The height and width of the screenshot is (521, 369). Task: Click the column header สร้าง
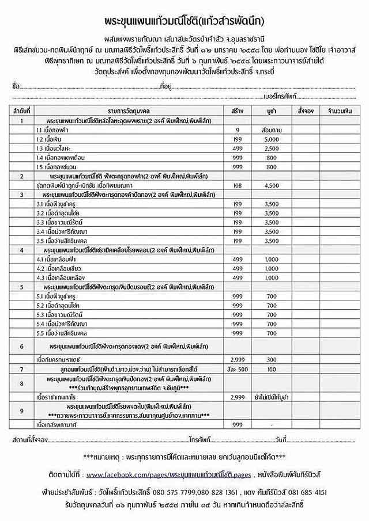(236, 109)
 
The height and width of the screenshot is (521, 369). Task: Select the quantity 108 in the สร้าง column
(236, 185)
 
